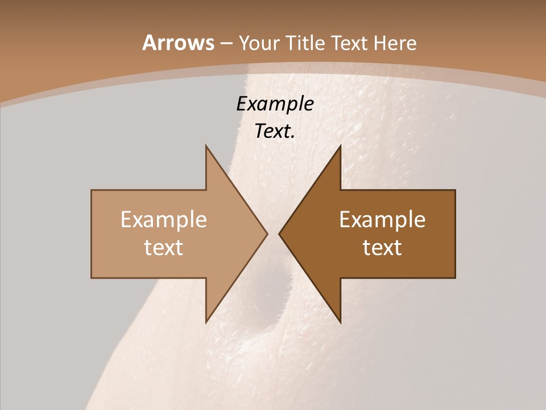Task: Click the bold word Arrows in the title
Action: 177,43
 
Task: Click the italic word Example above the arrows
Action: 275,104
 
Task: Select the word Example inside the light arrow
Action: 164,220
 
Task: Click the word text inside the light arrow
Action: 164,248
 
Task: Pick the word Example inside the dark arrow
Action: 382,220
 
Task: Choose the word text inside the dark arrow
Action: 382,248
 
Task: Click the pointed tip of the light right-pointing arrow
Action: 267,233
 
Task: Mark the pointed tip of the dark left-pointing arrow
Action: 279,233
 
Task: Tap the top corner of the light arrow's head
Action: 206,146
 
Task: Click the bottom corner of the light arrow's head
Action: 206,322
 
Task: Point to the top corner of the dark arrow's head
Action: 340,146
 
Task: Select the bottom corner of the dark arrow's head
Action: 340,322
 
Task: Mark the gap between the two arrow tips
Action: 273,233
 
